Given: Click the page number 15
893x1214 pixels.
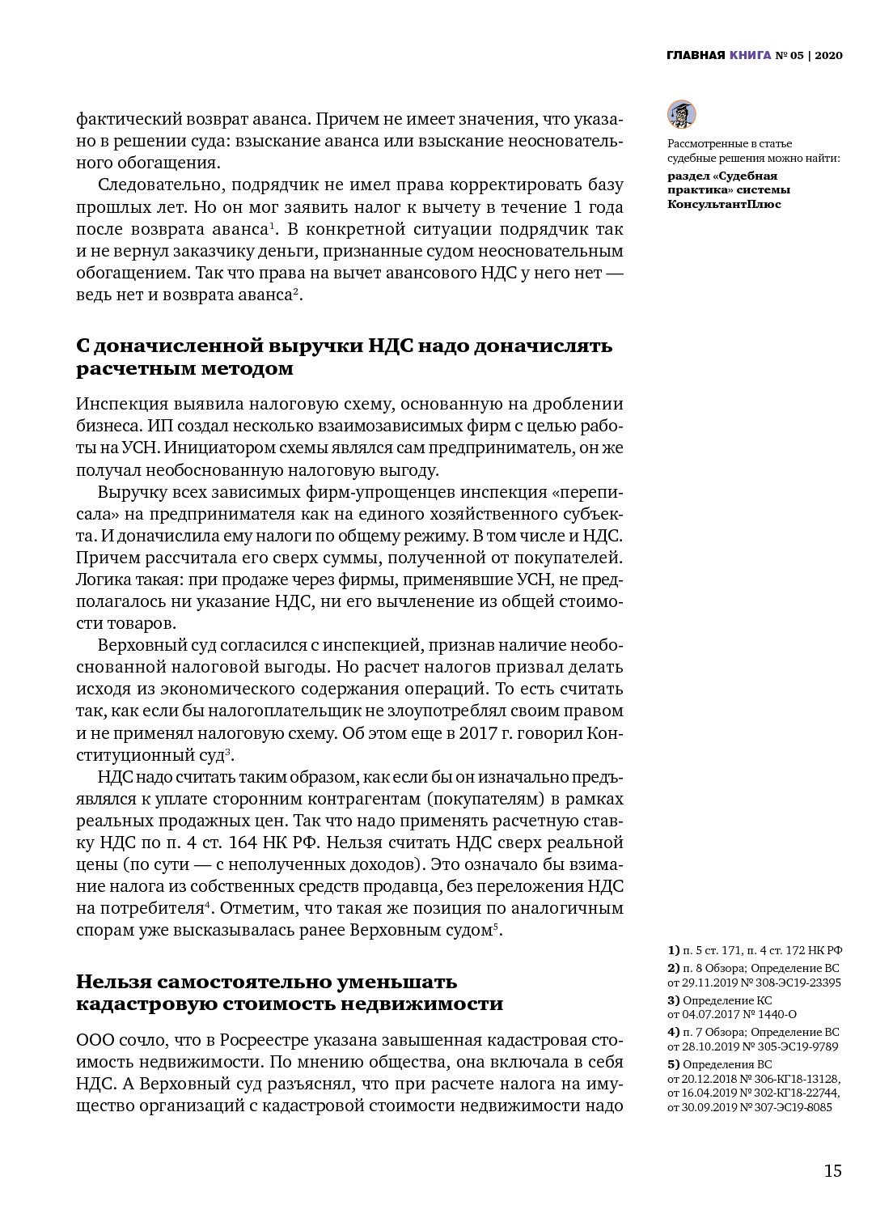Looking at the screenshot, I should coord(832,1171).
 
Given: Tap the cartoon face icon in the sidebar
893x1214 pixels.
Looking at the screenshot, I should coord(681,114).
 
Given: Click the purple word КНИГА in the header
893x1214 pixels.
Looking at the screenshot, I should coord(750,56).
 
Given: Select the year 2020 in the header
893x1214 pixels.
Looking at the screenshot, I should coord(828,56).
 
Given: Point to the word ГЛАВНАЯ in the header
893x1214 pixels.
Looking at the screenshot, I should coord(695,56).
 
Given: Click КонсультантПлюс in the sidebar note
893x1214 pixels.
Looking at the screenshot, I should coord(724,204).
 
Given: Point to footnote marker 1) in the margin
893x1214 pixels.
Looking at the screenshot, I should coord(673,950).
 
